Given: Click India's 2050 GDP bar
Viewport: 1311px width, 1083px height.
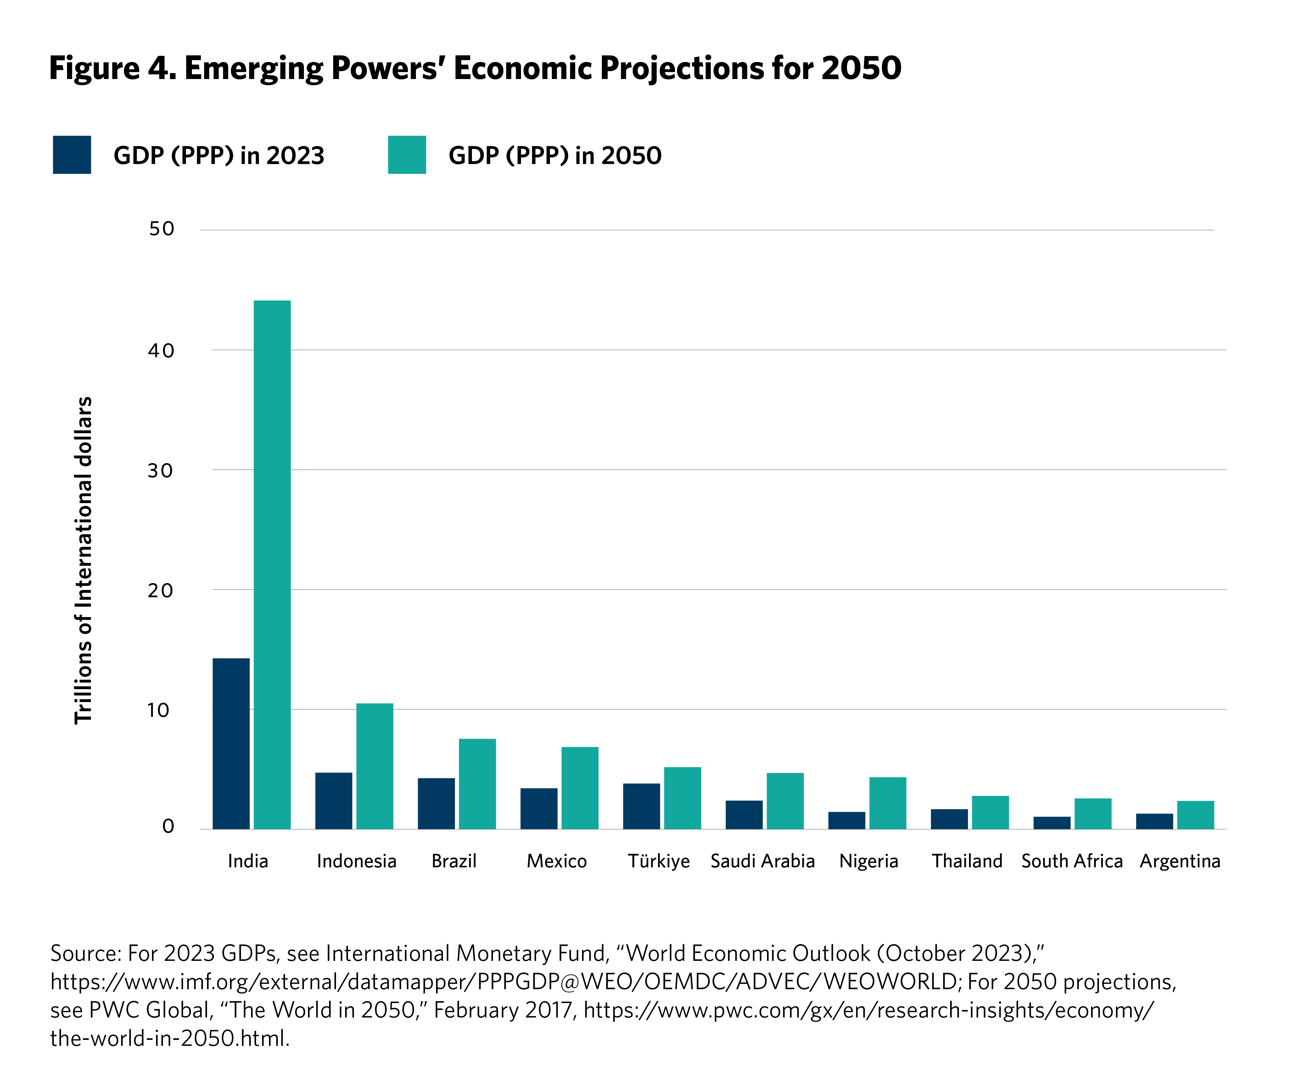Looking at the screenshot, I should coord(272,564).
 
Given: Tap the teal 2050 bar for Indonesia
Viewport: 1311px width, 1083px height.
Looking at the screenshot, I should coord(375,766).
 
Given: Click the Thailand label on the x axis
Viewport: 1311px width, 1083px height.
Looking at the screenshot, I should coord(967,861).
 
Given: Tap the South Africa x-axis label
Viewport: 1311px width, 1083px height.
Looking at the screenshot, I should coord(1072,861).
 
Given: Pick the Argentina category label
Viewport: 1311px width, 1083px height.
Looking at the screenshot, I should coord(1179,861).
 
